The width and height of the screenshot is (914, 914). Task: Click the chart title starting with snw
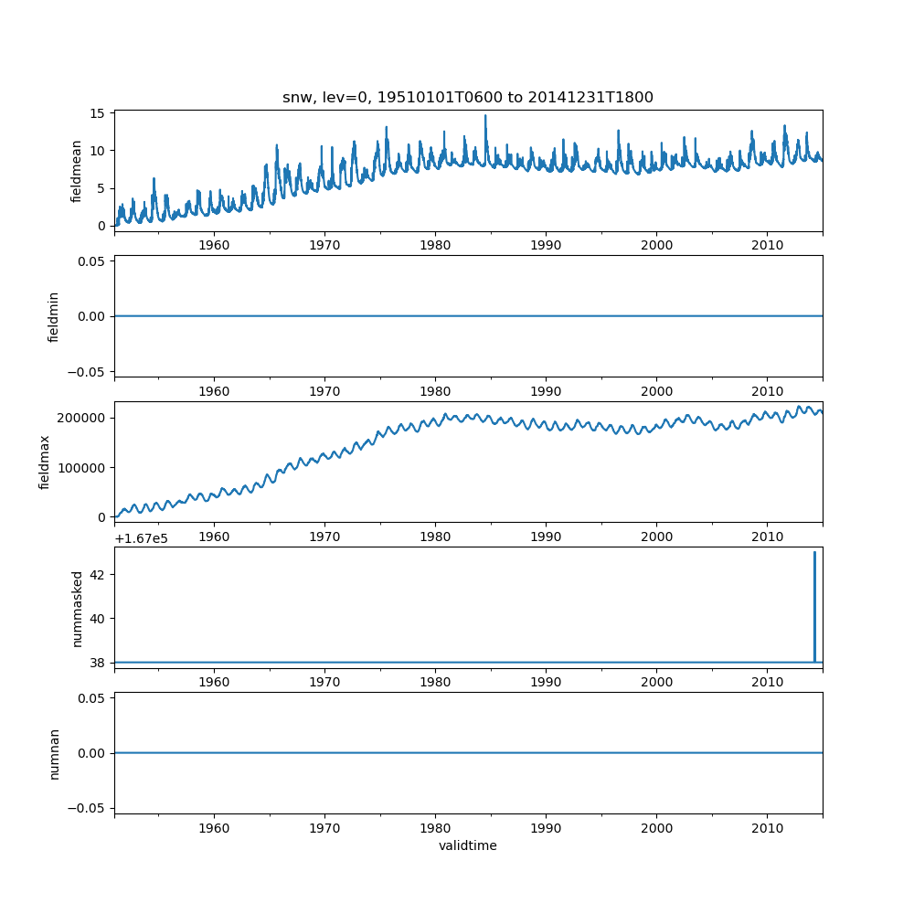pos(467,98)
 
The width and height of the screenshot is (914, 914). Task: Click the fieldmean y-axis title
pos(77,171)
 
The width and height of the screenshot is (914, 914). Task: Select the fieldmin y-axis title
pos(53,316)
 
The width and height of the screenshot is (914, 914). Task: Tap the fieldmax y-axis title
pos(44,462)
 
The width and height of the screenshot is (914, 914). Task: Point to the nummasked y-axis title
pos(78,608)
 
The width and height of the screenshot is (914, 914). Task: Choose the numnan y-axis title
pos(54,753)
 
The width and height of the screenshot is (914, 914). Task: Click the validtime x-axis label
pos(467,846)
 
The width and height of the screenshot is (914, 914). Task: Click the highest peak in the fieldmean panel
pos(485,116)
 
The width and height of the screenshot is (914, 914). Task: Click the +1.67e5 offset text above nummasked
pos(143,538)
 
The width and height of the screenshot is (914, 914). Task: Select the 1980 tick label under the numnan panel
pos(435,828)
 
